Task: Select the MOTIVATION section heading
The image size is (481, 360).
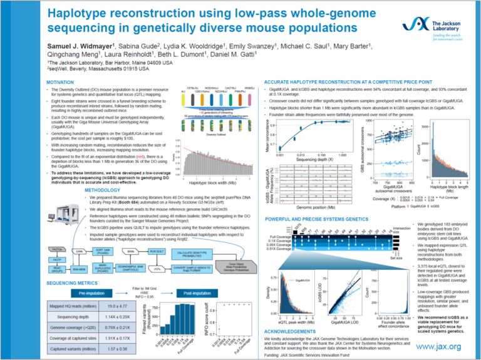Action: point(65,83)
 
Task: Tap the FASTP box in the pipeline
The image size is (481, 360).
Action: point(56,259)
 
